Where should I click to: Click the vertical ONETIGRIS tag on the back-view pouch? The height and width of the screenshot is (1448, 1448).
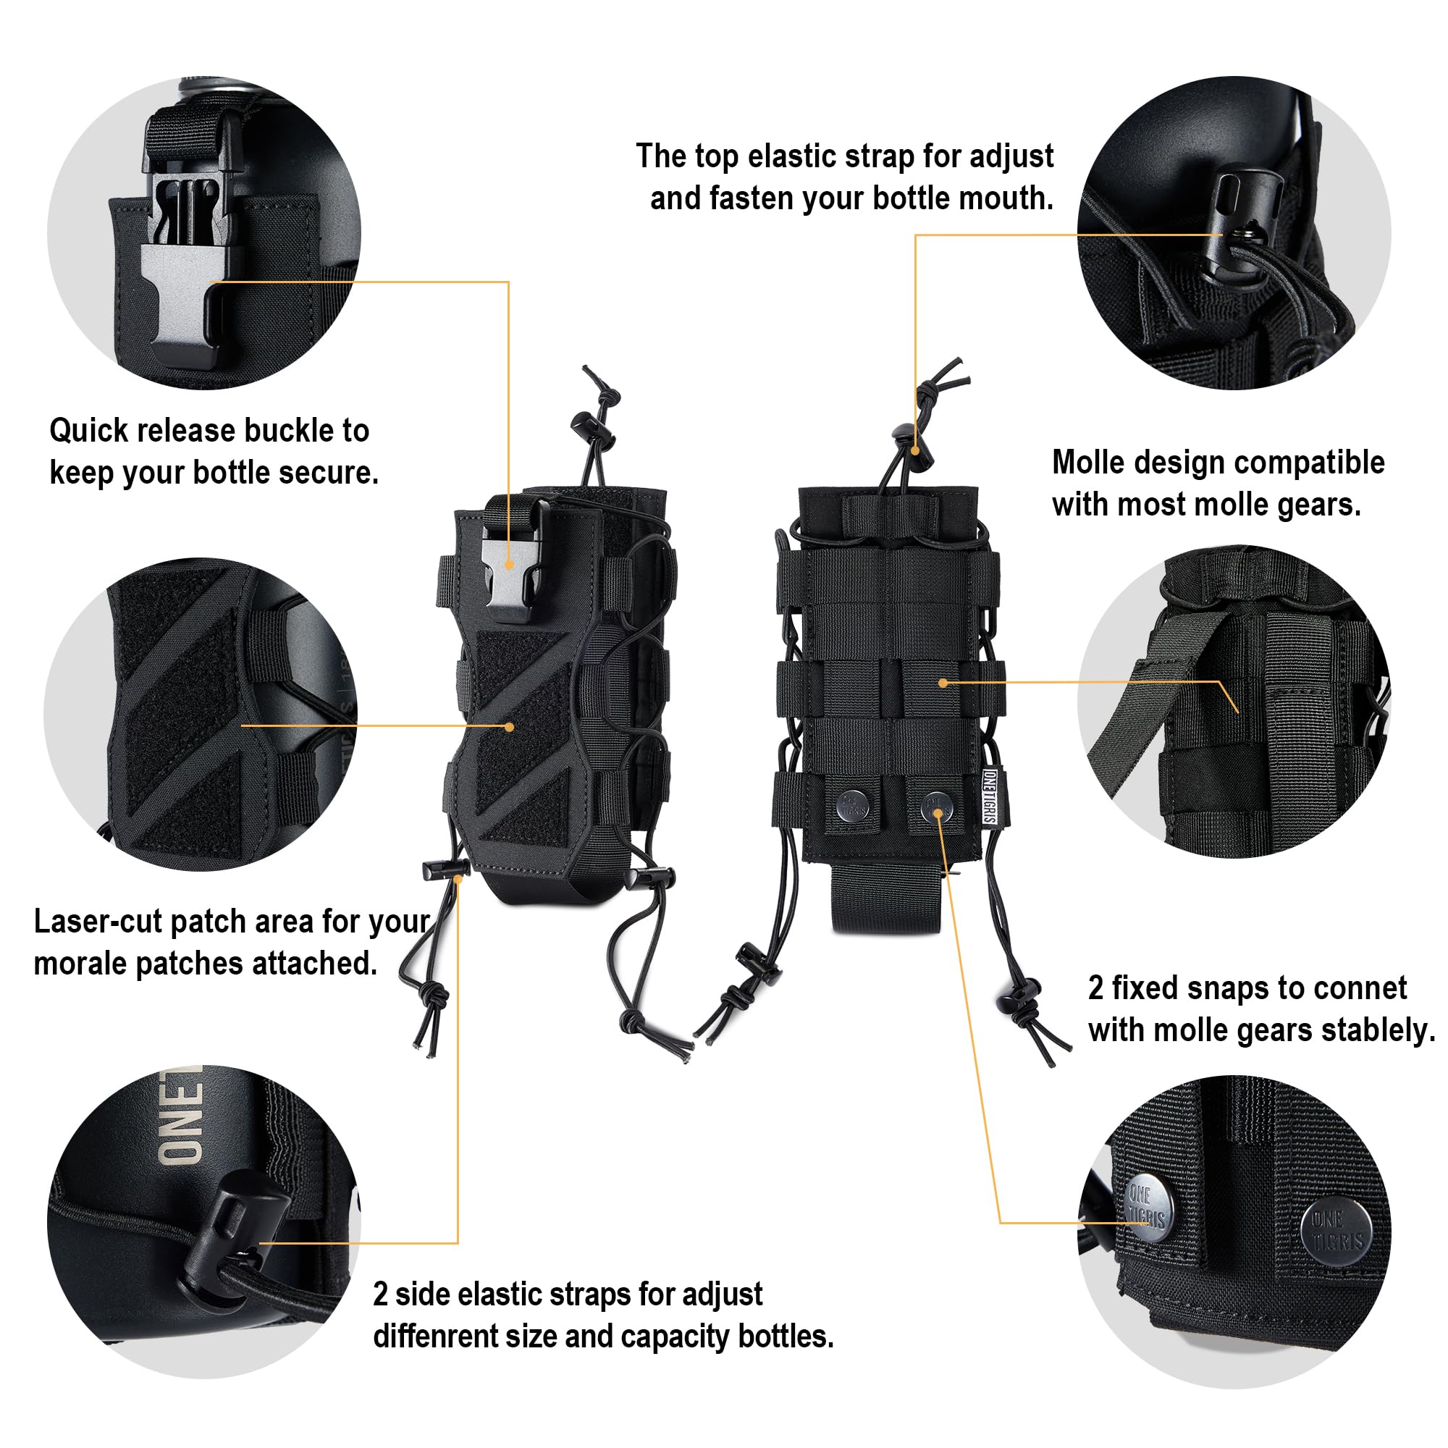pos(988,796)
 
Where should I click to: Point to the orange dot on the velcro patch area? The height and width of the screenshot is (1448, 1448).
pos(510,727)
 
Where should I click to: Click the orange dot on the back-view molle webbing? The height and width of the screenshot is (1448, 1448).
pos(943,683)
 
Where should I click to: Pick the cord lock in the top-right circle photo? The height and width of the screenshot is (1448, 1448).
pos(1240,225)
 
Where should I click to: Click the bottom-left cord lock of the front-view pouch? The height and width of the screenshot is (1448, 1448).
pos(445,870)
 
